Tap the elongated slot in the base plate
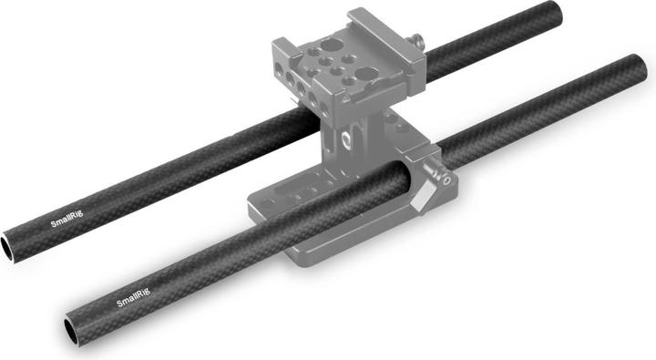tap(310, 193)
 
